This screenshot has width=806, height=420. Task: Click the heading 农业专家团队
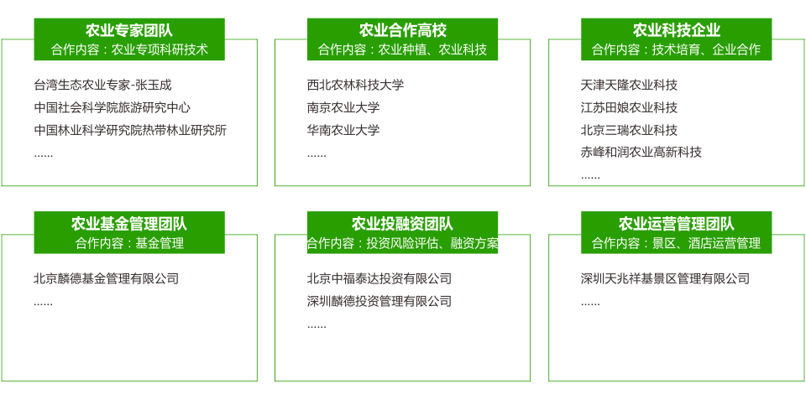tap(129, 31)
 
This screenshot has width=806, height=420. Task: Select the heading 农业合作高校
tap(402, 31)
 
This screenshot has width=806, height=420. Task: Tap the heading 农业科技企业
tap(676, 31)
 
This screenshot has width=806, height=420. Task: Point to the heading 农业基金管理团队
tap(129, 224)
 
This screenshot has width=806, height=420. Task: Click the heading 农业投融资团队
tap(402, 224)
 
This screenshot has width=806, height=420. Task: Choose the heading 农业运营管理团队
tap(676, 224)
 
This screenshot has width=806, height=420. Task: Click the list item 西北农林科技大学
tap(355, 85)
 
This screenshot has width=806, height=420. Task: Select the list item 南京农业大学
tap(343, 107)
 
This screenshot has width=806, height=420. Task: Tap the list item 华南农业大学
tap(343, 130)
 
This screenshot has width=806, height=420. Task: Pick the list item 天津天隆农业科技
tap(629, 85)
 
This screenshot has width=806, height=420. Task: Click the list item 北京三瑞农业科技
tap(629, 130)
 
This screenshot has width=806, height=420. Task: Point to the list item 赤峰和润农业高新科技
tap(641, 152)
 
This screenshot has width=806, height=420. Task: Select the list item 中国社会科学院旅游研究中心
tap(112, 107)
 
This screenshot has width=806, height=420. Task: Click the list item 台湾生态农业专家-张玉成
tap(102, 85)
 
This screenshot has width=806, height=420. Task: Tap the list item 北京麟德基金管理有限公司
tap(106, 278)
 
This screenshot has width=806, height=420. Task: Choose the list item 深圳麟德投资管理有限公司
tap(379, 301)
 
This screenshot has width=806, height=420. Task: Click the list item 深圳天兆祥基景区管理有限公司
tap(665, 278)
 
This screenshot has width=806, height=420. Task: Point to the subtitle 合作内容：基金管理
tap(129, 243)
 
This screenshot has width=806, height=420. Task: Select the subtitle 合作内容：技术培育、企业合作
tap(676, 49)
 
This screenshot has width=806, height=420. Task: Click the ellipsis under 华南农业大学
tap(317, 155)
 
